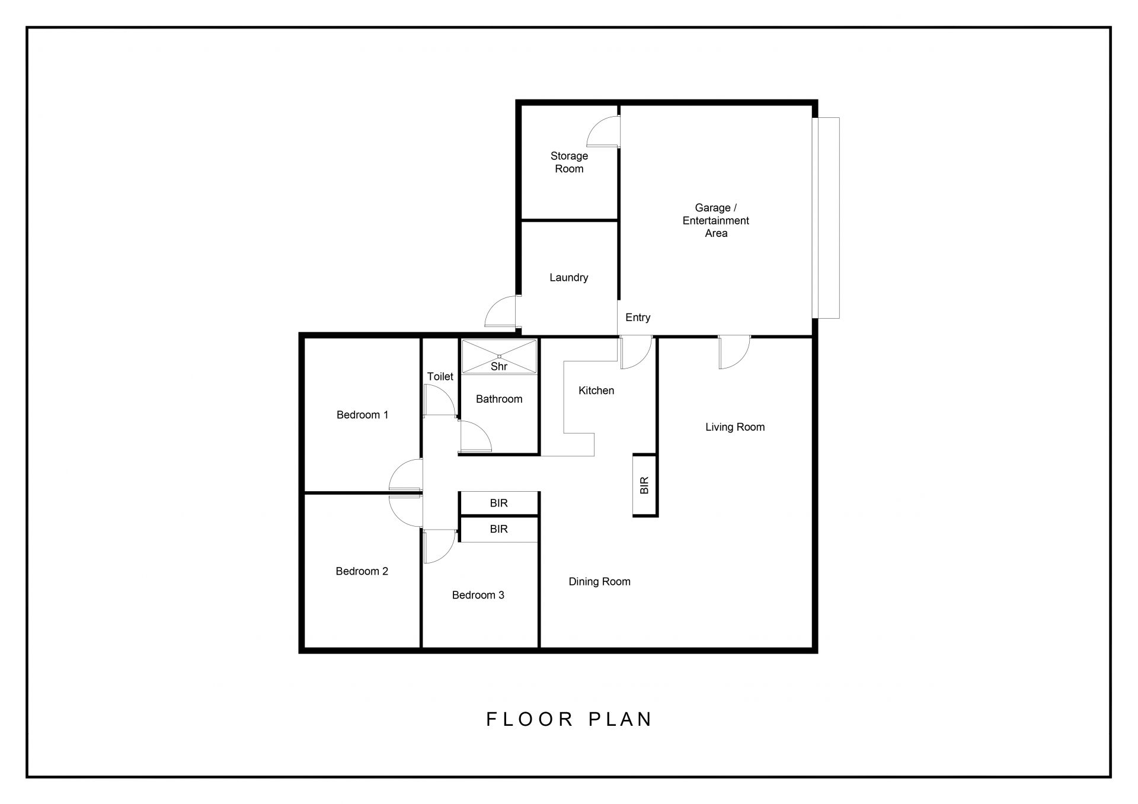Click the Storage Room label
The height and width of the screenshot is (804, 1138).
(x=569, y=162)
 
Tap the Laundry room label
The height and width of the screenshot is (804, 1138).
(x=568, y=277)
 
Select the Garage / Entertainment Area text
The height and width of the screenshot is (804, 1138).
(x=715, y=220)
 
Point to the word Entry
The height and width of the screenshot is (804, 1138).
(x=638, y=318)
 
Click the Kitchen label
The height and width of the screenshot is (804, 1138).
(x=596, y=390)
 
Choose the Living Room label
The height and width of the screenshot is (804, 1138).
(x=735, y=427)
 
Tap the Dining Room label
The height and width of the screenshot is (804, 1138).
(x=599, y=582)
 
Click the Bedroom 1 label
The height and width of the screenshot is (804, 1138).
(x=362, y=415)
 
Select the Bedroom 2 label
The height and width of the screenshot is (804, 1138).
(x=362, y=571)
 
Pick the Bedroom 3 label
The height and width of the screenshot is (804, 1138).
(x=478, y=595)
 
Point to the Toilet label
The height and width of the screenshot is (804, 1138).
(x=440, y=377)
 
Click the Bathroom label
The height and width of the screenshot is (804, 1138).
(x=499, y=399)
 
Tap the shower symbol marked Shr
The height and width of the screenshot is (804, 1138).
(x=499, y=357)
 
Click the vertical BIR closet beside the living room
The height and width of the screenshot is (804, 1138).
(x=645, y=485)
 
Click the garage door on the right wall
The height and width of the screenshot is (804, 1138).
(x=826, y=218)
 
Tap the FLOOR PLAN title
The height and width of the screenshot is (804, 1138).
(x=569, y=719)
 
